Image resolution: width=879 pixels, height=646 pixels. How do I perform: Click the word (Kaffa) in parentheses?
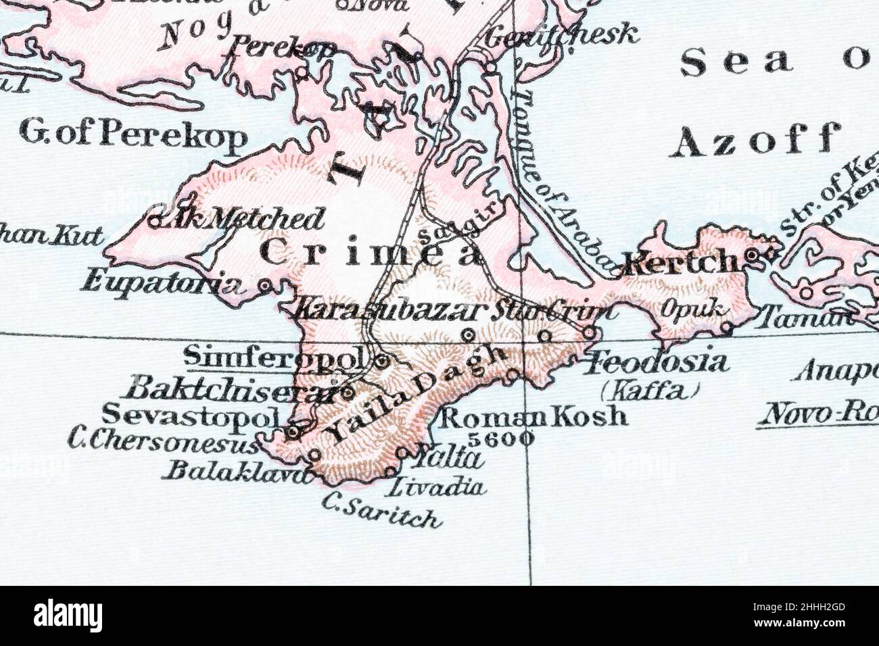click(650, 390)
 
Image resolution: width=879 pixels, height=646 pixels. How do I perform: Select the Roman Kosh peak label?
click(533, 415)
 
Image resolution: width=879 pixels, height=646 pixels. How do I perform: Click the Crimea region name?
click(372, 253)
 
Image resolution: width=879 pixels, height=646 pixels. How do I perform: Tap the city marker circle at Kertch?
click(753, 255)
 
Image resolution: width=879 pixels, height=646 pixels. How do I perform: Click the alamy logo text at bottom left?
click(68, 616)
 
